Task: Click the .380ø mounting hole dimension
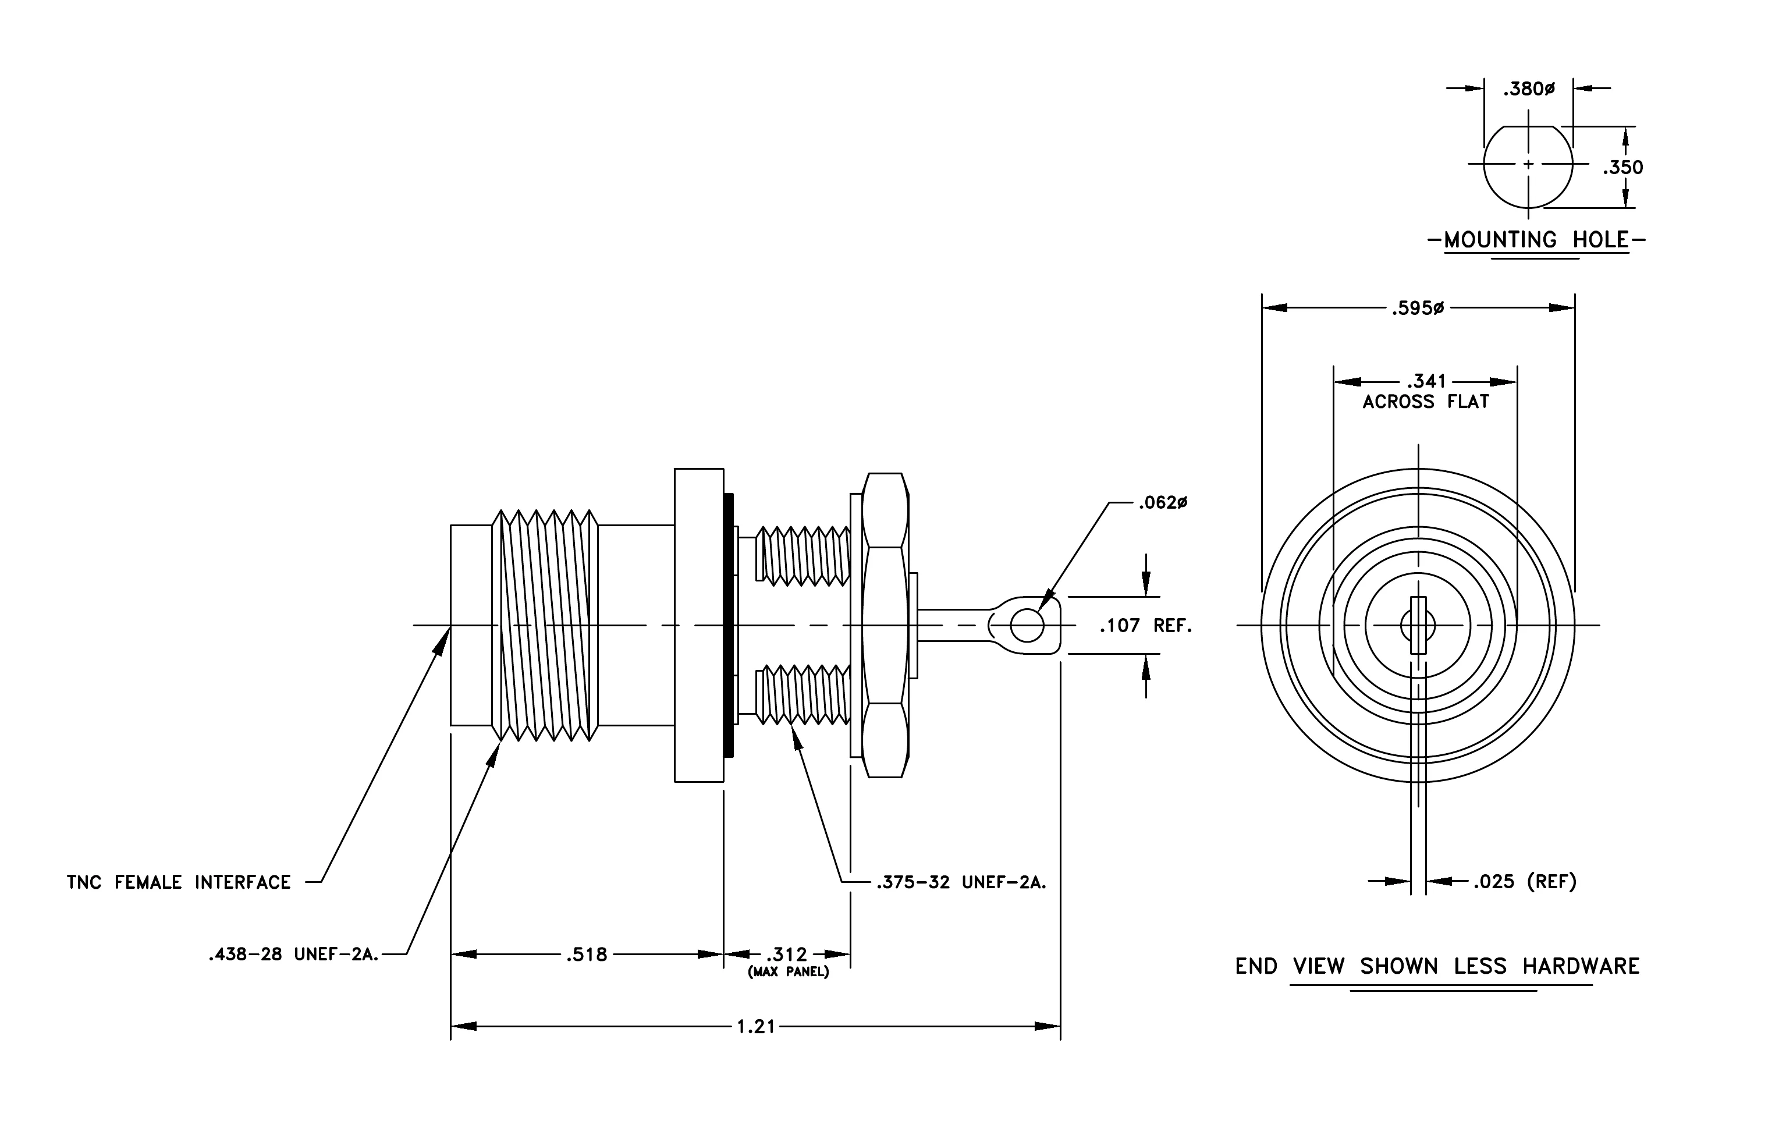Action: (1529, 89)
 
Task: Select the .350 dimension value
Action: (1623, 168)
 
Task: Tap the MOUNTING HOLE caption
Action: (1536, 240)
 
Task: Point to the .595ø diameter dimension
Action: (1418, 308)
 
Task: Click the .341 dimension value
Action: (1426, 381)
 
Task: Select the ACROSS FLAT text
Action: (1426, 402)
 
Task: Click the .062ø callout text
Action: (1163, 503)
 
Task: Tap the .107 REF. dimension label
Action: (1145, 626)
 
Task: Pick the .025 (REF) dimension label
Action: (1525, 881)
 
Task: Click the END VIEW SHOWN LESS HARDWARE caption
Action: (1437, 966)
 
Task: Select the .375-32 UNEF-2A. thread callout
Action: (961, 882)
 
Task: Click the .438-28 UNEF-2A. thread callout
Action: (294, 955)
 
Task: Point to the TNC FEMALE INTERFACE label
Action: (179, 882)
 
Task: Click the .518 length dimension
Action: (587, 955)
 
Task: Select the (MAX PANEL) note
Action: (789, 971)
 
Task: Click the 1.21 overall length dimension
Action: (756, 1026)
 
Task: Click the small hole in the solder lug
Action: (1027, 626)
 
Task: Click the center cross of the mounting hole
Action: (1528, 164)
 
